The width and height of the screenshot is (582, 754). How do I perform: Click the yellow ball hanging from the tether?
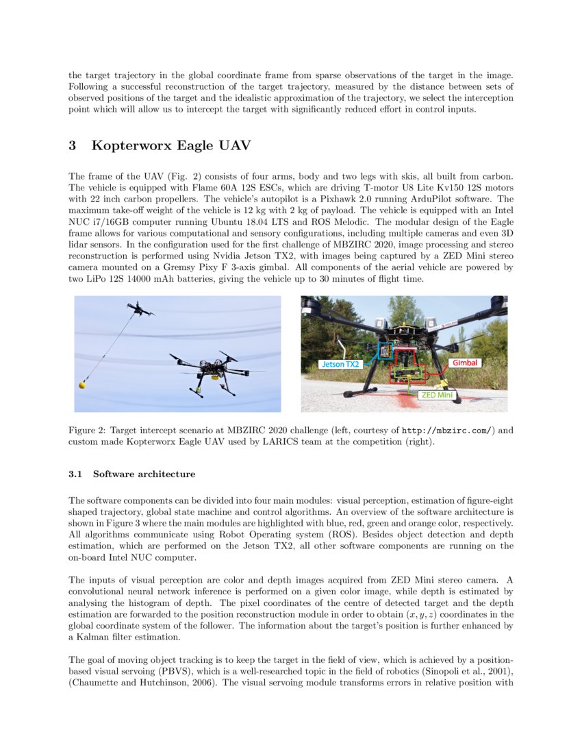[x=83, y=385]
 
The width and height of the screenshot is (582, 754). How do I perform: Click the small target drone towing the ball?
[x=141, y=310]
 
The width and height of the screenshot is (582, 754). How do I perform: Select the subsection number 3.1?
[x=75, y=474]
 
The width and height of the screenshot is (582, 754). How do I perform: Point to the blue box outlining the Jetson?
[x=385, y=352]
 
